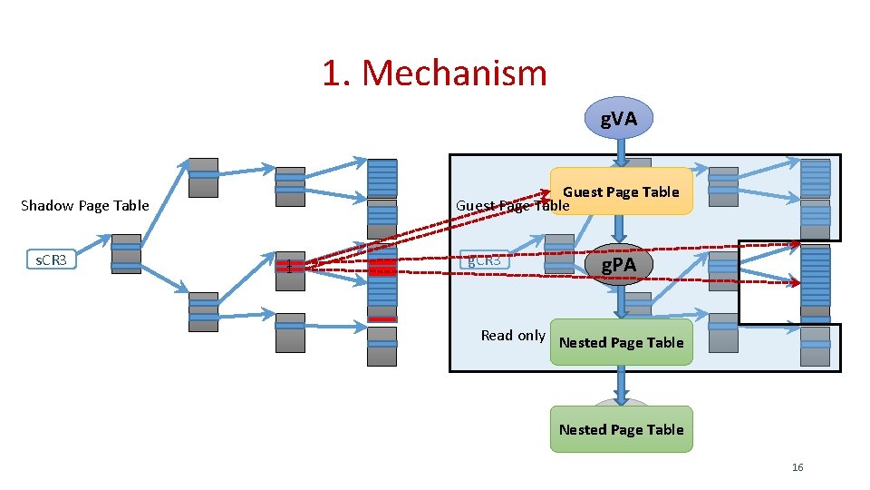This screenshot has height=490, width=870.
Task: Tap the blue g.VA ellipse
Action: (619, 118)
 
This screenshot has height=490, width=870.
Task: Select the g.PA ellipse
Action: (619, 265)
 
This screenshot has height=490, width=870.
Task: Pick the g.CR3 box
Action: (485, 260)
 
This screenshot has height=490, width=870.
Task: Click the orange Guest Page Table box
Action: (621, 191)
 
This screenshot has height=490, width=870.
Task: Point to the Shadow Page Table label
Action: (84, 205)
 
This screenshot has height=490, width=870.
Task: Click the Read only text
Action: (513, 335)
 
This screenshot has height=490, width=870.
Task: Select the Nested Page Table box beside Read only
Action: (621, 342)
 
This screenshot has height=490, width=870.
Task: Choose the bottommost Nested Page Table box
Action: (621, 429)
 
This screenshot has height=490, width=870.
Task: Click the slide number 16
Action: (797, 467)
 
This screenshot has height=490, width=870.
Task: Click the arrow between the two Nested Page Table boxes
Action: (621, 385)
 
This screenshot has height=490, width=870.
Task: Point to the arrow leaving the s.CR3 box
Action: (93, 250)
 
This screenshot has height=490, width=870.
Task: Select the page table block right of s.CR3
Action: (126, 254)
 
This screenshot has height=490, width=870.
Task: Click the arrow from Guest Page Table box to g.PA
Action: (620, 229)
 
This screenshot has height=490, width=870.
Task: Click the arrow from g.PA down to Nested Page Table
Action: (620, 301)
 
